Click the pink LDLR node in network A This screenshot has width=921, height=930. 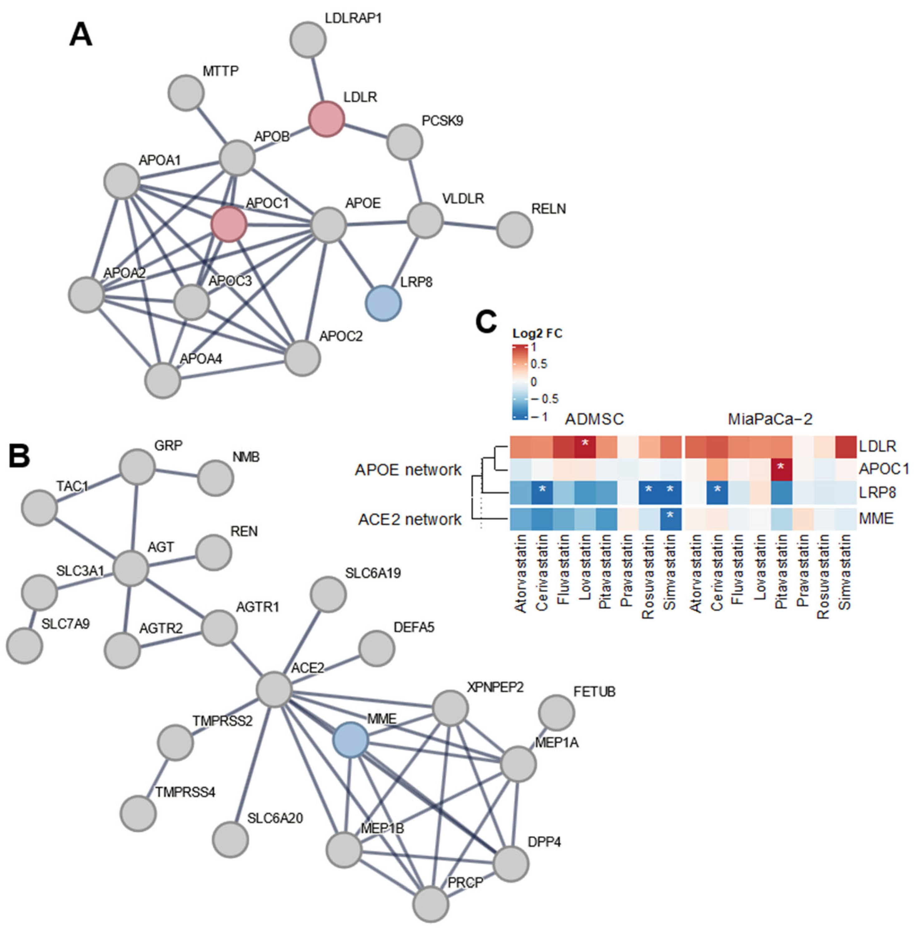(327, 119)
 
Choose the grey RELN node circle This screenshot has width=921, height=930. (515, 230)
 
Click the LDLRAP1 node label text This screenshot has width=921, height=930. (353, 18)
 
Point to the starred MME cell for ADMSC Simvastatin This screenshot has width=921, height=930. (670, 519)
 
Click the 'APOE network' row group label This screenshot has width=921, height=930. (408, 469)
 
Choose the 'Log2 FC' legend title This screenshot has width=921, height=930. (537, 334)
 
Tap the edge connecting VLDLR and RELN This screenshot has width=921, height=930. (470, 226)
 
